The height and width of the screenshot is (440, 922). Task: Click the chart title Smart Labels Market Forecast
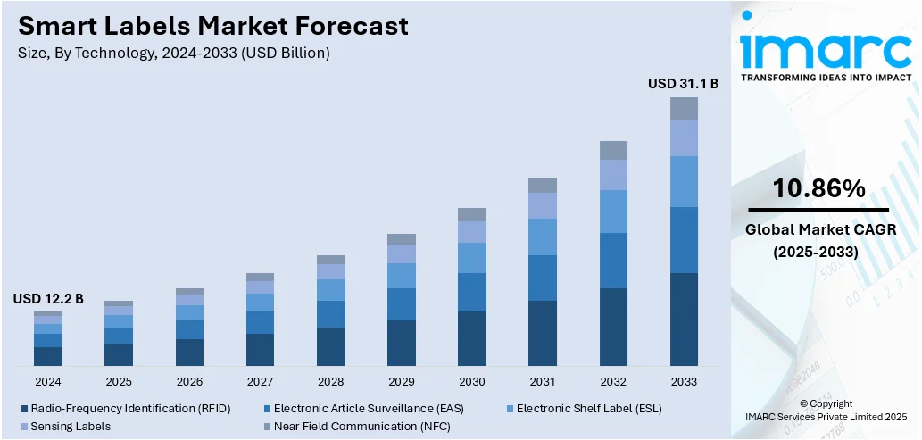(x=212, y=26)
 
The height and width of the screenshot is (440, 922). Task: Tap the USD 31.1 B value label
(x=683, y=83)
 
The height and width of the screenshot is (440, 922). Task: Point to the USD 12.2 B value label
(x=48, y=299)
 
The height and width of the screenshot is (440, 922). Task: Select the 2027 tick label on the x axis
(x=260, y=381)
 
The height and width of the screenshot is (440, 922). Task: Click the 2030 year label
(x=472, y=381)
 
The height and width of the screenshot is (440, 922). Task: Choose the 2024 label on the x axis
(x=48, y=381)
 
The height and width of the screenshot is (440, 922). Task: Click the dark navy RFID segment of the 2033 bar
(x=684, y=319)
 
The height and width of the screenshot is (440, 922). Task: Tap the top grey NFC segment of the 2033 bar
(x=684, y=108)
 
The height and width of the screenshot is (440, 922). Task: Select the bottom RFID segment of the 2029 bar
(x=402, y=343)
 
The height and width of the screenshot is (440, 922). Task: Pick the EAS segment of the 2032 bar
(x=613, y=261)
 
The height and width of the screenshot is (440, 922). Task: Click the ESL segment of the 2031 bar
(x=543, y=237)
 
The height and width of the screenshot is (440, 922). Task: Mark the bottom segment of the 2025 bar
(x=119, y=354)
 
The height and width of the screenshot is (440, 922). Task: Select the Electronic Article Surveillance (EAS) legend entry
(x=375, y=408)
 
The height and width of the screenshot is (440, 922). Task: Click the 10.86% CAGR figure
(x=818, y=188)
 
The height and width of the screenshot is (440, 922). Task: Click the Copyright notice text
(x=826, y=403)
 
